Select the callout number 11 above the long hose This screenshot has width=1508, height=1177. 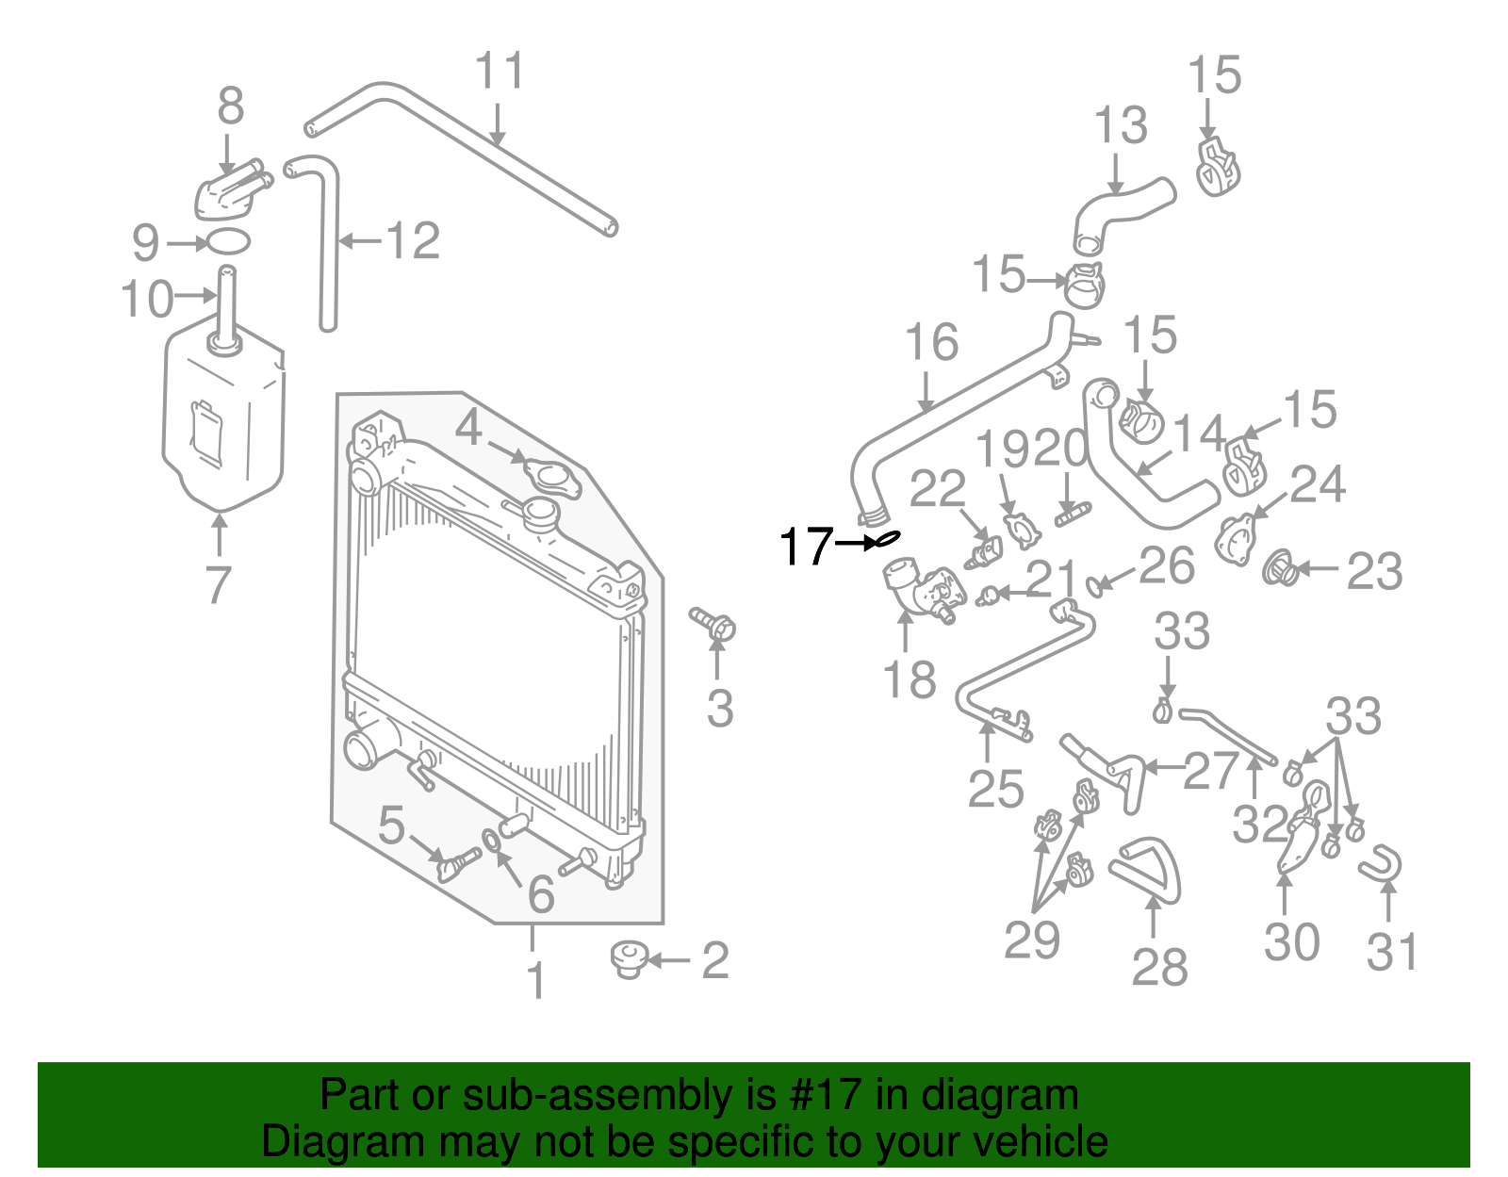(x=499, y=71)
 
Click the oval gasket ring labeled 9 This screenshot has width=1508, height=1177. (x=227, y=241)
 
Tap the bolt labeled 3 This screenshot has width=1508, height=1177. (x=715, y=625)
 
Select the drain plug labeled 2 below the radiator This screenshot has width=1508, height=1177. (x=627, y=958)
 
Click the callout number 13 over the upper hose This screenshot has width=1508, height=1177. (x=1120, y=125)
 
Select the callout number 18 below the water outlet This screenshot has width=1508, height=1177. (x=909, y=678)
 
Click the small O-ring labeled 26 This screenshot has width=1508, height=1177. (x=1094, y=585)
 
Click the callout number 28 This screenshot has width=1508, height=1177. (x=1159, y=967)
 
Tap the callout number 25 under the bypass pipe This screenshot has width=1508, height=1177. (x=995, y=789)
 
